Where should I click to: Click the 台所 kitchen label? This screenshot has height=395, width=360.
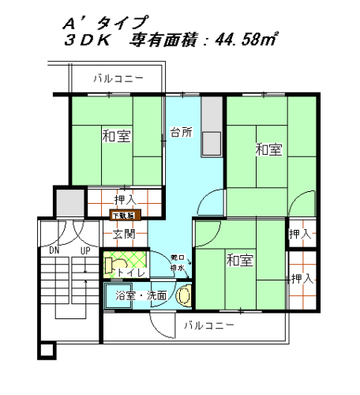point(181,132)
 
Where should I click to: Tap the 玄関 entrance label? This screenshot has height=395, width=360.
point(123,234)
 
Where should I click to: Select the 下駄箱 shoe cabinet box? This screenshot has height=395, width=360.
point(123,214)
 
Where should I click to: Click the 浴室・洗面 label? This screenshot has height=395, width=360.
point(141,296)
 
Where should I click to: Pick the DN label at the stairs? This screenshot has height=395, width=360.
point(54,251)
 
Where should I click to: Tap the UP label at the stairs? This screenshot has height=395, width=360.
point(83,251)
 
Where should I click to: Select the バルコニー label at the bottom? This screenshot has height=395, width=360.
point(208,325)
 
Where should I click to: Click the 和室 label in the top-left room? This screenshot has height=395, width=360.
point(116,136)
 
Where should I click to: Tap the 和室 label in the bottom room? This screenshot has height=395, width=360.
point(239,260)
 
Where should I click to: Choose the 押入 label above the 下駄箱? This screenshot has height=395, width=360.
point(124,199)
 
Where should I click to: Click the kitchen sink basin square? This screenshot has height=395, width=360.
point(212,144)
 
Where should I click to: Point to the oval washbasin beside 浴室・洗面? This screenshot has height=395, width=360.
point(184,295)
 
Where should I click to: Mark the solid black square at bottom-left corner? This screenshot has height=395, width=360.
point(47,348)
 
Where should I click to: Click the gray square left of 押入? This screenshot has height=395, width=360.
point(69,202)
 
